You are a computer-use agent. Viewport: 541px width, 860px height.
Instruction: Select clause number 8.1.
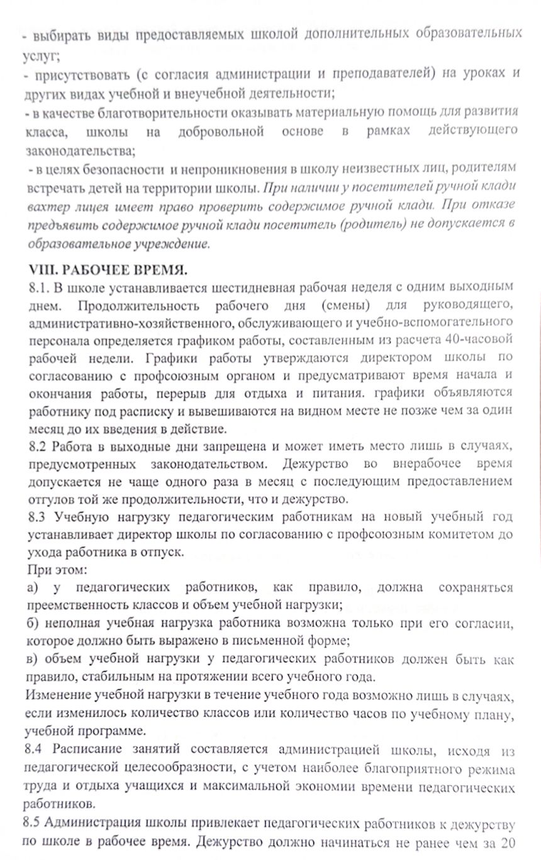click(x=38, y=287)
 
